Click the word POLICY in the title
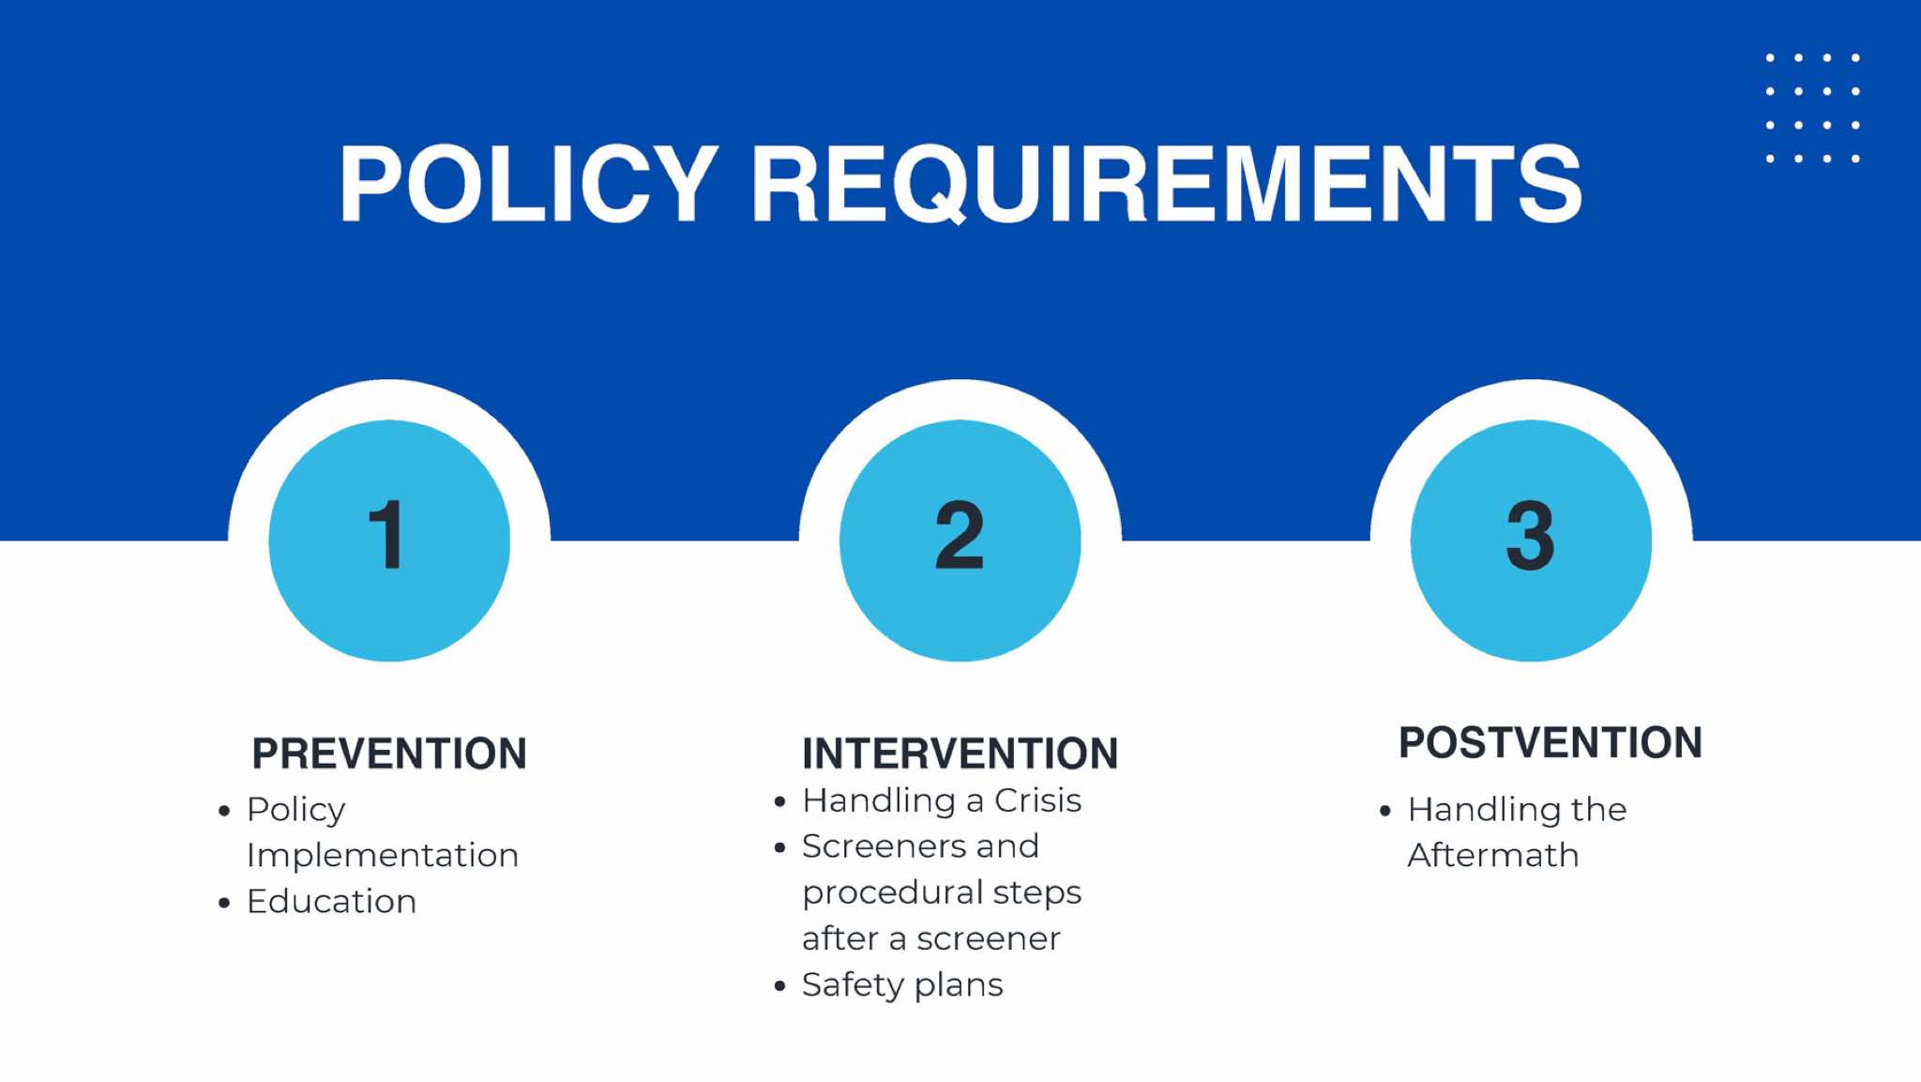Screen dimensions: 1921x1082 tap(529, 184)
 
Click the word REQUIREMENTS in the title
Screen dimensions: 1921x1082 tap(1167, 184)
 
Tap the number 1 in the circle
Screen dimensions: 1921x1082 tap(386, 535)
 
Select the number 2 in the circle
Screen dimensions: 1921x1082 tap(960, 535)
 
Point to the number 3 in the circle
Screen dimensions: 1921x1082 tap(1530, 535)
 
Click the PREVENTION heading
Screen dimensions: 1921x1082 tap(389, 754)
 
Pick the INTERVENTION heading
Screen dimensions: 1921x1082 tap(960, 754)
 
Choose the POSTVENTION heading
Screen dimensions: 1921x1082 tap(1550, 742)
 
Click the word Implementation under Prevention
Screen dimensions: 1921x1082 tap(383, 856)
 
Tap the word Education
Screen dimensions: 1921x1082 tap(331, 901)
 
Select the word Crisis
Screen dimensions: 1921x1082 tap(1037, 800)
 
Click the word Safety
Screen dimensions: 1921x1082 tap(853, 985)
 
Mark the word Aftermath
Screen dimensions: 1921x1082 tap(1493, 855)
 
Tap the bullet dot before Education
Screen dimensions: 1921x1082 tap(224, 903)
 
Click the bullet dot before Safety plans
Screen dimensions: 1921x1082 tap(779, 986)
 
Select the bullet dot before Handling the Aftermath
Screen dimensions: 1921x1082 tap(1385, 811)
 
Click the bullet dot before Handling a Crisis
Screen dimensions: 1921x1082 tap(779, 802)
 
